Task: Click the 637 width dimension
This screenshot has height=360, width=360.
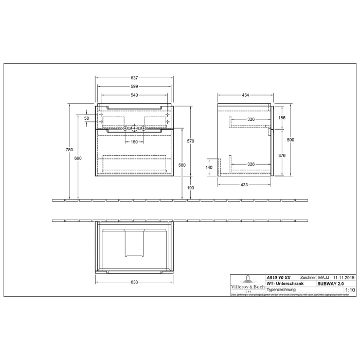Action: (x=134, y=78)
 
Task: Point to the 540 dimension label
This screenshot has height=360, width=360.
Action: (x=134, y=96)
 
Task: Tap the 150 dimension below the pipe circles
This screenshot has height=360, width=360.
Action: (x=134, y=142)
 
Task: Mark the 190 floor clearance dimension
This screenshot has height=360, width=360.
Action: (x=191, y=188)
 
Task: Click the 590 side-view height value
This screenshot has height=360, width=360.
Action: (x=291, y=139)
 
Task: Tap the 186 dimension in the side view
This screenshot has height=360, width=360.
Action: (x=282, y=118)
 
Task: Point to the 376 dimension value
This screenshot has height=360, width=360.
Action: (x=282, y=156)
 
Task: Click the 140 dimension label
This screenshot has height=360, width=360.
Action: (x=209, y=168)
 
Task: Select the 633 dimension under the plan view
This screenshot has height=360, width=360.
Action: (x=134, y=282)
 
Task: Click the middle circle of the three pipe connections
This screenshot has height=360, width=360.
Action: (x=134, y=128)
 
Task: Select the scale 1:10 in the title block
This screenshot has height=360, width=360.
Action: (x=350, y=290)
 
